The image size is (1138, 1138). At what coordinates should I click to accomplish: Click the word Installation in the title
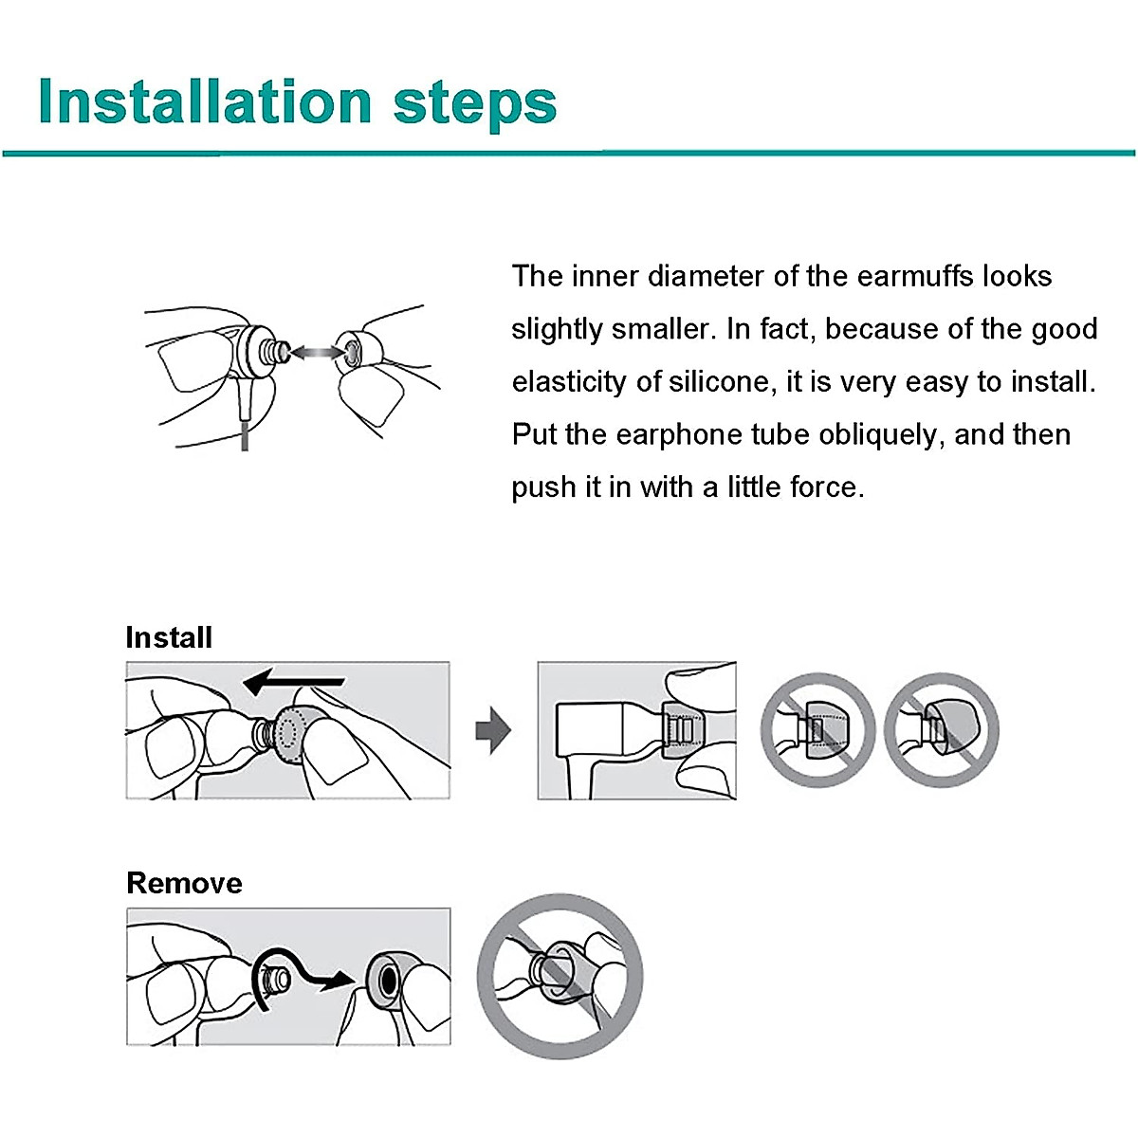tap(205, 101)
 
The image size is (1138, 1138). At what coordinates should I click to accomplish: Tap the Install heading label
tap(169, 638)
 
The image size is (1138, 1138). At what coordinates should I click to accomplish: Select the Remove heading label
tap(184, 884)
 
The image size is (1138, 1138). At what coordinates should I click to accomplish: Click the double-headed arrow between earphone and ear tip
tap(317, 353)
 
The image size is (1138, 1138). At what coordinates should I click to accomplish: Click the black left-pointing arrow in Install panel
tap(293, 682)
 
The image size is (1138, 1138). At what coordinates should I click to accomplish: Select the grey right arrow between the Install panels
tap(492, 730)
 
